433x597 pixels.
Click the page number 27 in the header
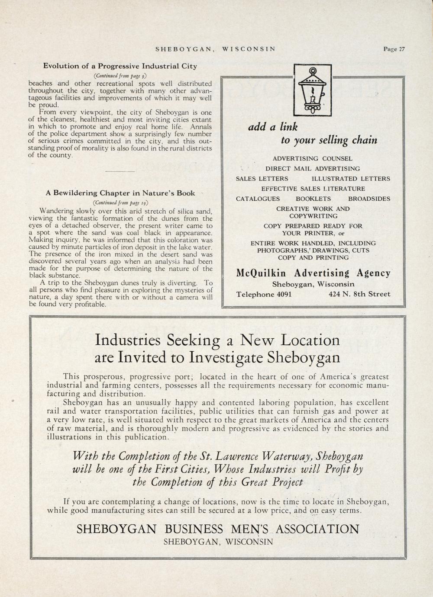[x=401, y=49]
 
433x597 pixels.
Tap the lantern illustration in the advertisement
[x=312, y=90]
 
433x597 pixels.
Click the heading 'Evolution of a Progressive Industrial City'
[x=120, y=66]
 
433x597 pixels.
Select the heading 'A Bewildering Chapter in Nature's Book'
[x=120, y=193]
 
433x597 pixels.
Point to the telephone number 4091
[x=283, y=295]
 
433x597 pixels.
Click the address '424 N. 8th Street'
[x=359, y=294]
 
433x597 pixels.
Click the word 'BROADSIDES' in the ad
[x=369, y=199]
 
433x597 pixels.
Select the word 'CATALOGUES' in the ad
[x=258, y=199]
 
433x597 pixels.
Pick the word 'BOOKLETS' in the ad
[x=313, y=199]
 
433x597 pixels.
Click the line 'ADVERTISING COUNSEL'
[x=312, y=159]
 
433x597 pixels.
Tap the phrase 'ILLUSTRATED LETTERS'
[x=351, y=179]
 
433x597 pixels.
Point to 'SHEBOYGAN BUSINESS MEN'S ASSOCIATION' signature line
[x=218, y=529]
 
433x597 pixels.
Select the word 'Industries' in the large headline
[x=129, y=340]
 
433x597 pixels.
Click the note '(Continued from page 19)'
[x=120, y=202]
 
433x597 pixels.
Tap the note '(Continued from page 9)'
[x=120, y=75]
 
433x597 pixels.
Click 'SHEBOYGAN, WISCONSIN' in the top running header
[x=215, y=49]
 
